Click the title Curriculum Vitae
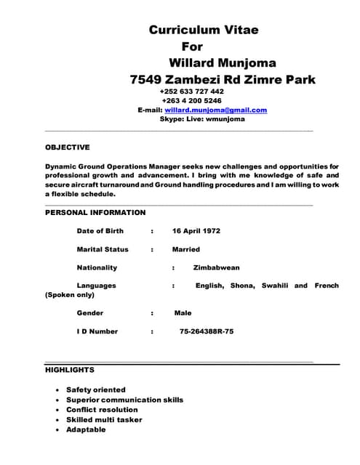coord(204,30)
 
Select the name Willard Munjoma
coord(222,62)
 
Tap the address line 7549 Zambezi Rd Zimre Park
coord(223,79)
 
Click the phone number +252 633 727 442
coord(191,92)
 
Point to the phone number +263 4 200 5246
coord(192,101)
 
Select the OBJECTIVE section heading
coord(68,147)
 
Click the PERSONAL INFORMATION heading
coord(95,213)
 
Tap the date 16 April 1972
coord(196,231)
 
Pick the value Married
coord(185,249)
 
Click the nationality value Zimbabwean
coord(216,267)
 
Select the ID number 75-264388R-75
coord(207,331)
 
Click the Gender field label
coord(90,313)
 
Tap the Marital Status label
coord(103,249)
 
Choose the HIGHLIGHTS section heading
coord(70,370)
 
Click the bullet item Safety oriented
coord(95,389)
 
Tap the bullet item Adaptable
coord(86,429)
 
